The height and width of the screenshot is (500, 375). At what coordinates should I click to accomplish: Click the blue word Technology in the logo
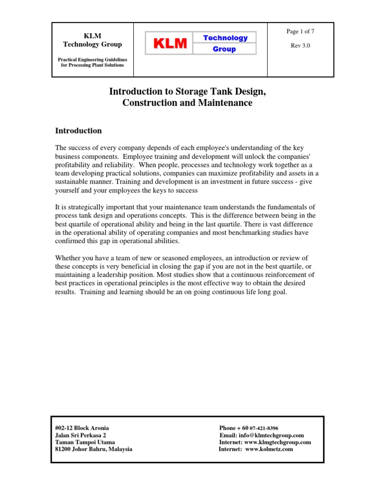tap(225, 38)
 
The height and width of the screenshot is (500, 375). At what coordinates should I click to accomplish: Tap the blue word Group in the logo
tap(225, 49)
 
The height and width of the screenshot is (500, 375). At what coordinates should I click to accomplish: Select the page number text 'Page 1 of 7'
tap(300, 32)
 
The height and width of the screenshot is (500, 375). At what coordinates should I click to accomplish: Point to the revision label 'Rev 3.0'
tap(300, 45)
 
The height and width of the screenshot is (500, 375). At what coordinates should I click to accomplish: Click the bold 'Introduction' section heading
tap(78, 131)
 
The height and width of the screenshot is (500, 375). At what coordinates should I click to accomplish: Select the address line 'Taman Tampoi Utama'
tap(85, 442)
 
